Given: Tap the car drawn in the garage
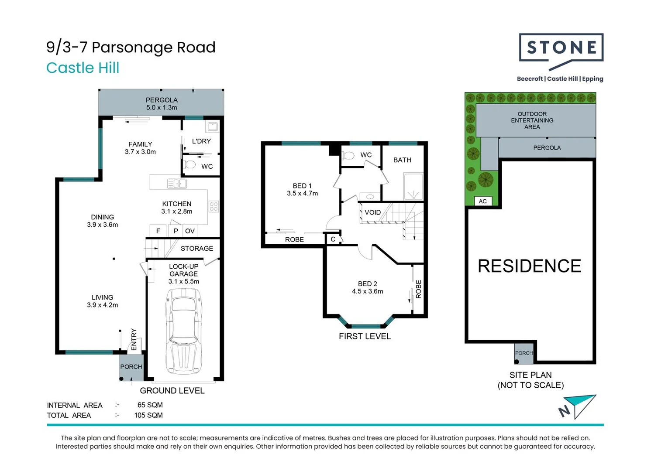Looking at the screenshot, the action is click(184, 331).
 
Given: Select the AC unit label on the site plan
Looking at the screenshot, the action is click(483, 201).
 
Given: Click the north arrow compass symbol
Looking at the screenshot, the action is click(578, 407).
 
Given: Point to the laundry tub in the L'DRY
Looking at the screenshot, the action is click(213, 126).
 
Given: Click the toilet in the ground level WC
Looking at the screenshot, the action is click(190, 165).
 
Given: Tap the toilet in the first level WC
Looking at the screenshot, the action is click(348, 156).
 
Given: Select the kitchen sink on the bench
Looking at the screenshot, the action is click(177, 184).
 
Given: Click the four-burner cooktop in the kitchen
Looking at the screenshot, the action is click(214, 206).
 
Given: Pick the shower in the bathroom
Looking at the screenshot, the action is click(413, 187).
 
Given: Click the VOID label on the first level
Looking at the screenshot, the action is click(372, 212).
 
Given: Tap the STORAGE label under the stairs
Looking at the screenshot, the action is click(197, 249).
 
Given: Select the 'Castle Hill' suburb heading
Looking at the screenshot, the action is click(83, 68).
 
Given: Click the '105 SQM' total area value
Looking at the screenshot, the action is click(148, 415).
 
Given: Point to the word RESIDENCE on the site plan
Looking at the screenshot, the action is click(530, 266).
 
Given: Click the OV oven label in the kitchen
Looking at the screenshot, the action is click(190, 231).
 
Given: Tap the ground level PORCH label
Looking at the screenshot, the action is click(131, 367).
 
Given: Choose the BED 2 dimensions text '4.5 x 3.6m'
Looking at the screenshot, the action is click(367, 291).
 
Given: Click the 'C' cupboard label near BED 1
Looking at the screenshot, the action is click(333, 239).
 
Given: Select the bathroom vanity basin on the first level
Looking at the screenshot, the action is click(370, 197).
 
